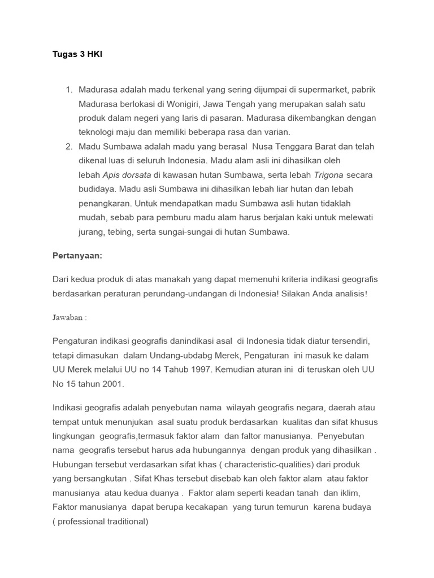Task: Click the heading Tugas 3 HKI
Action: pos(77,54)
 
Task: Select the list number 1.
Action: pos(69,90)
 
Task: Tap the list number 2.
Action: pos(69,146)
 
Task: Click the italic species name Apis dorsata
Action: pos(127,175)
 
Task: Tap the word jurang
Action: pos(91,231)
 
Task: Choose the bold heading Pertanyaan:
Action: pos(77,256)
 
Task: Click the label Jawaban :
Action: pos(70,317)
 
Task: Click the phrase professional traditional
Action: pos(101,522)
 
